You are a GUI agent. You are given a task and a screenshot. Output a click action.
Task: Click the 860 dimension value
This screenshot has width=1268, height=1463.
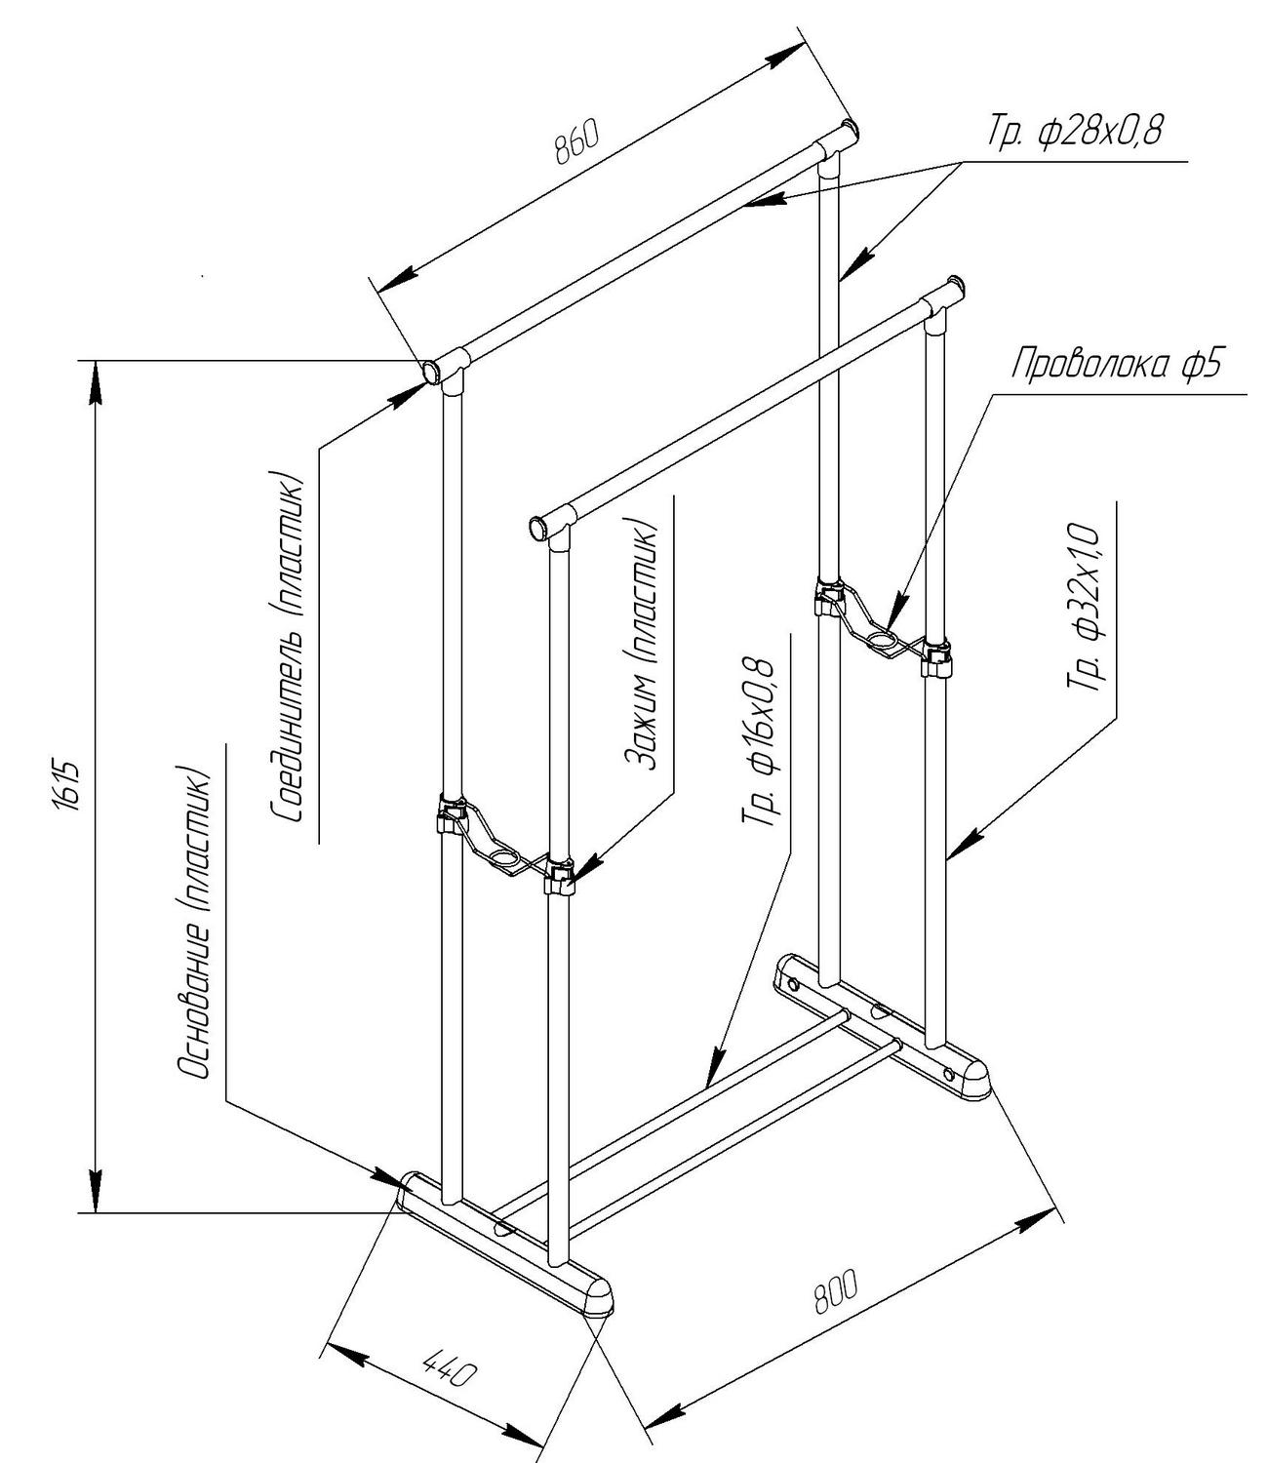tap(576, 141)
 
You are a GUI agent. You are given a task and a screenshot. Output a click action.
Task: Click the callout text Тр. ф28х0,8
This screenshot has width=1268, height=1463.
tap(1075, 130)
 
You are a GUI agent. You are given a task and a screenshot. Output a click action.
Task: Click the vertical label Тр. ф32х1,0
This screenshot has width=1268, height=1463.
tap(1084, 607)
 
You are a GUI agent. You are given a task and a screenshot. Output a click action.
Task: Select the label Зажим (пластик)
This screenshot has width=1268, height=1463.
tap(642, 647)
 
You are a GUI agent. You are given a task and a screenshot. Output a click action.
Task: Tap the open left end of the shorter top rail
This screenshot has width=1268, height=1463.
tap(537, 528)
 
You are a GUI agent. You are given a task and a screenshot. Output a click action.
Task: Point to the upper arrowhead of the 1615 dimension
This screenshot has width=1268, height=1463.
tap(95, 383)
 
